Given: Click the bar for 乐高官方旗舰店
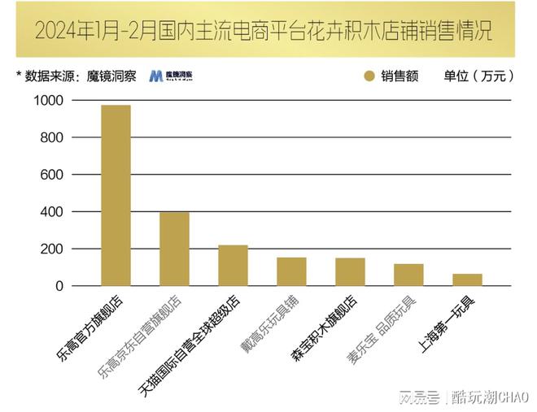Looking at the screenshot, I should click(x=116, y=195).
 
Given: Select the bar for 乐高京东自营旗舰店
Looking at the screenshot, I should click(x=174, y=249).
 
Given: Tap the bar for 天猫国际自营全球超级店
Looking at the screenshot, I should click(x=233, y=265).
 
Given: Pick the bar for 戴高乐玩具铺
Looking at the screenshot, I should click(x=291, y=271).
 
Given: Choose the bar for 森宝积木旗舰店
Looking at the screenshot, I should click(x=350, y=271).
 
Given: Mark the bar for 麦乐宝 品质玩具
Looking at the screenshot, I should click(x=408, y=275).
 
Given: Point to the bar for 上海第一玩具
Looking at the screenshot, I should click(x=467, y=280).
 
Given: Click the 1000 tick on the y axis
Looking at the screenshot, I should click(x=47, y=100).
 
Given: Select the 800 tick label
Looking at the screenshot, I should click(x=51, y=137).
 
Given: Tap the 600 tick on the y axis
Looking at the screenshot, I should click(x=51, y=175).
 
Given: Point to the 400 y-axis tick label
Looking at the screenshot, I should click(x=51, y=211).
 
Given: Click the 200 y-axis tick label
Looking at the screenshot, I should click(x=51, y=249).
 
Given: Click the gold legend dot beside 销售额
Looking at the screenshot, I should click(x=369, y=76).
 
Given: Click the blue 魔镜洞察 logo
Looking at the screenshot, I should click(x=171, y=76).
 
